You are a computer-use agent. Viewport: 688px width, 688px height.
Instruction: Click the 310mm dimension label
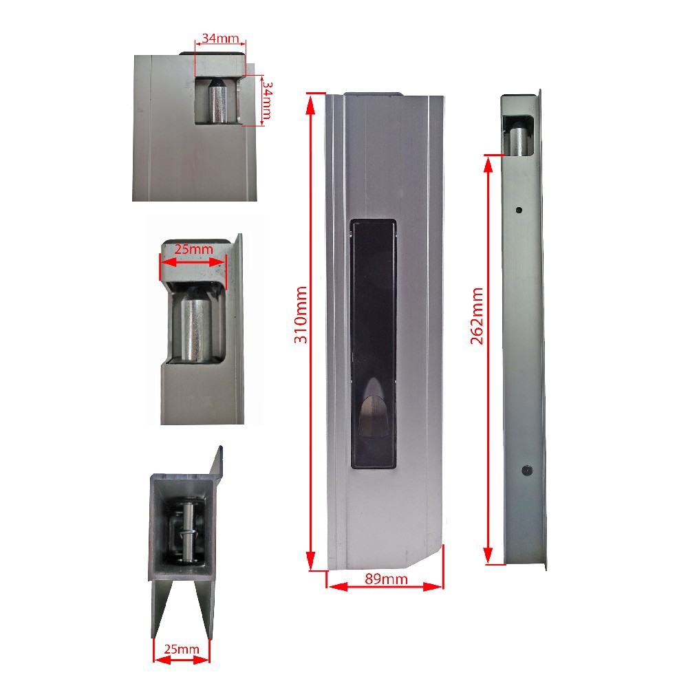[301, 314]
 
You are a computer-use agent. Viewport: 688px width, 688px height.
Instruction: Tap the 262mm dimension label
[477, 316]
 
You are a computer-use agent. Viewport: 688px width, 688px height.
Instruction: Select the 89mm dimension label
[386, 579]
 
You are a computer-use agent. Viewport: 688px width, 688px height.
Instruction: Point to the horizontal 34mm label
[220, 38]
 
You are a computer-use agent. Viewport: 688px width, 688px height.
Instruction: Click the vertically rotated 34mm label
[267, 100]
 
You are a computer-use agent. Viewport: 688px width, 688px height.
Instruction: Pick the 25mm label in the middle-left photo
[193, 249]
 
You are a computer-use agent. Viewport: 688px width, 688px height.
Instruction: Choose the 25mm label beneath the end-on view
[182, 649]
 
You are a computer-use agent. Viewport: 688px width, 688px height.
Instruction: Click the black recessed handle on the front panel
[374, 344]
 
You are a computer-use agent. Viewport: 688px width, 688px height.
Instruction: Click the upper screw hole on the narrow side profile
[519, 210]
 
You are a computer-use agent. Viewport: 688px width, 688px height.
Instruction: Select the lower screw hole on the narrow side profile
[526, 471]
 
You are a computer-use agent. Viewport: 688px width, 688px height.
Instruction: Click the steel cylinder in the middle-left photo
[195, 325]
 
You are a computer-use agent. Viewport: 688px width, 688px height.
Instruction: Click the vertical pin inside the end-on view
[188, 533]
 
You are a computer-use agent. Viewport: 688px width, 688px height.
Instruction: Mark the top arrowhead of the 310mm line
[310, 105]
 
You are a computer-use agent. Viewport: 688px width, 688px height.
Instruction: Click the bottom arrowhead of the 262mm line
[488, 555]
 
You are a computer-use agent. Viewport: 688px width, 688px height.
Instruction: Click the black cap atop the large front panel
[373, 94]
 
